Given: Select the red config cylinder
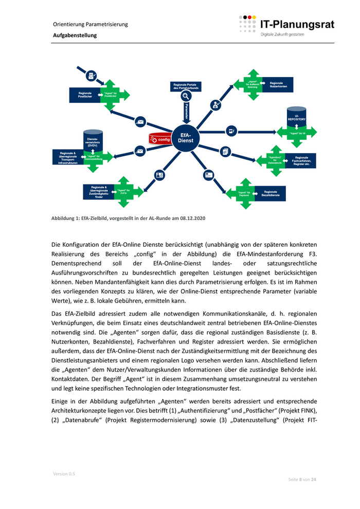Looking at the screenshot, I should pos(160,139).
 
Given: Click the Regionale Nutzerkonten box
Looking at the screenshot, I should pos(276,85).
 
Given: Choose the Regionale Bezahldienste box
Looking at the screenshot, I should pos(271,193).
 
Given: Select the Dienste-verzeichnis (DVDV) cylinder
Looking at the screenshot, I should pos(93,142).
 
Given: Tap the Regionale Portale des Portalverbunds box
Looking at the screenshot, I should pos(186,86).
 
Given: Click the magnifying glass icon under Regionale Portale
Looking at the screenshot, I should pos(186,96).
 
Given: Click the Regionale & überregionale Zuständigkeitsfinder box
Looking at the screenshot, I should pos(99,192).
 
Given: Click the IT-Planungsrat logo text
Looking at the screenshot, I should pos(297,24).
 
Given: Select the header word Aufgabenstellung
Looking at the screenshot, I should pos(75,35).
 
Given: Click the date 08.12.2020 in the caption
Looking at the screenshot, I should pos(192,219).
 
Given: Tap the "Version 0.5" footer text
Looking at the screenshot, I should pos(64,474).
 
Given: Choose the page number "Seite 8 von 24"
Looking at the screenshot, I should pos(302,479).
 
